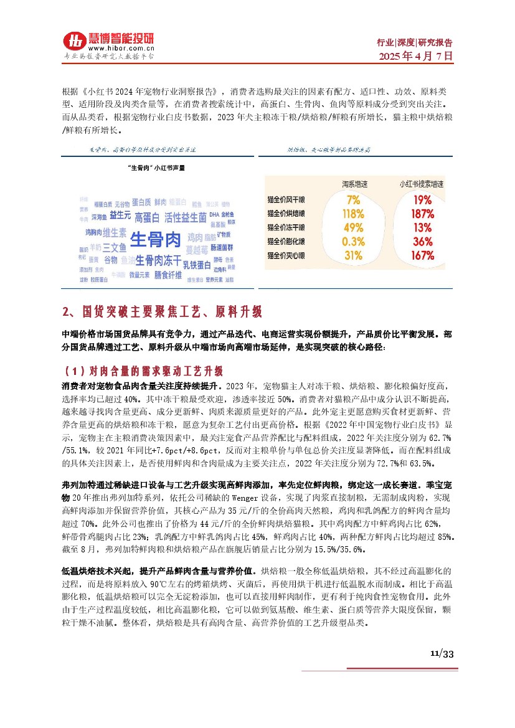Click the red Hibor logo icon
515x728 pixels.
[75, 42]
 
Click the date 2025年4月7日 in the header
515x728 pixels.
[417, 55]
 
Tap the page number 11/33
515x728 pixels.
[442, 654]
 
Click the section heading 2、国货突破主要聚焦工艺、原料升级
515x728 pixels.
[163, 311]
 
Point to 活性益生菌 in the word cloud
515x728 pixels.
[185, 217]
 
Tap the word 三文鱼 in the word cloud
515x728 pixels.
[115, 247]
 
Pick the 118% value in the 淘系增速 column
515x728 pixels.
[353, 214]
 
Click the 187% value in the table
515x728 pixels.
[422, 214]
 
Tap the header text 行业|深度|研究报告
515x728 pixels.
[415, 42]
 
